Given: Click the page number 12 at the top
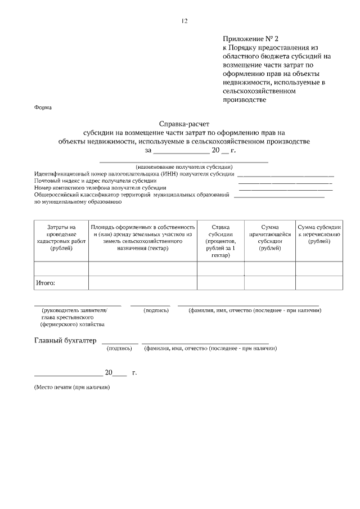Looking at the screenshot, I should point(183,21).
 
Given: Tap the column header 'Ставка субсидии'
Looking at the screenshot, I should point(220,240).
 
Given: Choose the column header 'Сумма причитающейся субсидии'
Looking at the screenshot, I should point(269,237).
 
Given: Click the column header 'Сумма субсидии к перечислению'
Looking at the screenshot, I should point(319,233).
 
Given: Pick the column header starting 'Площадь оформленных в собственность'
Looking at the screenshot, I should point(143,233).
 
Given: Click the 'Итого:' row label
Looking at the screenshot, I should point(46,283).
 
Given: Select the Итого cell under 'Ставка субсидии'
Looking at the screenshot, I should point(220,283).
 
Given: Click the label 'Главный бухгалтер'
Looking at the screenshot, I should point(65,341).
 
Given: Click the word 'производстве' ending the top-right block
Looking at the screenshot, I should point(244,100).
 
